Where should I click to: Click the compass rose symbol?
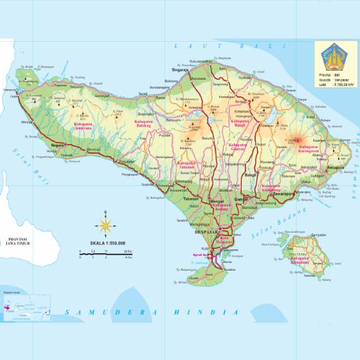104,225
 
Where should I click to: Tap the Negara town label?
59,145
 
